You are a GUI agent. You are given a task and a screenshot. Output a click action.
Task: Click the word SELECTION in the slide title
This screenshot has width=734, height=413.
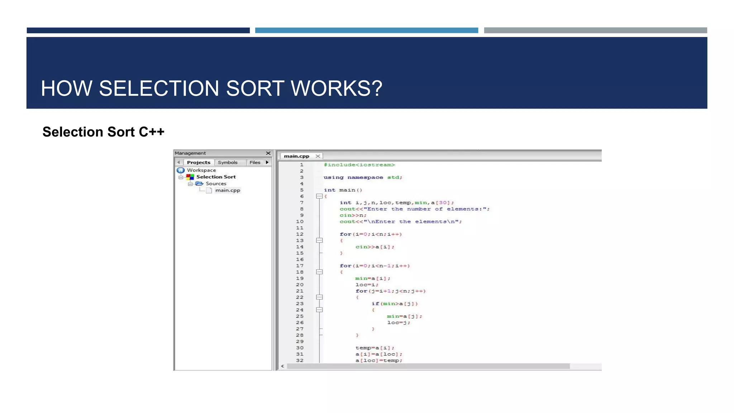pos(158,88)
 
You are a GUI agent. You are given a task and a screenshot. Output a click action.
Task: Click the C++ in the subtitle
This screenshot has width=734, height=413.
pos(152,132)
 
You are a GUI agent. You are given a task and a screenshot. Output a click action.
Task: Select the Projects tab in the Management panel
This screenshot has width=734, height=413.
pos(199,162)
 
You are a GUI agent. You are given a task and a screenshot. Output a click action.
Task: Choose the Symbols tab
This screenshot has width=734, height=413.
pos(228,162)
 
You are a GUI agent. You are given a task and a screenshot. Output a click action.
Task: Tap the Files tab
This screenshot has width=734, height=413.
pos(255,162)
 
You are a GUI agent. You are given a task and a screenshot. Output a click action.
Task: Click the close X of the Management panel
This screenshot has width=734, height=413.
pos(268,153)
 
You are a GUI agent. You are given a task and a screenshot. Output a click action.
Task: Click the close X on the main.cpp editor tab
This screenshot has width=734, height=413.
pos(318,156)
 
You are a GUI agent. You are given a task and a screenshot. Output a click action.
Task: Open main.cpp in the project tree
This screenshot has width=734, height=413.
pos(228,190)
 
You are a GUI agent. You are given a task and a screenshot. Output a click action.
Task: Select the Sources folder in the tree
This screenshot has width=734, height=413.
pos(216,184)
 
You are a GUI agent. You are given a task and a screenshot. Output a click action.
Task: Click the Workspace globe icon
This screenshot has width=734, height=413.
pos(181,170)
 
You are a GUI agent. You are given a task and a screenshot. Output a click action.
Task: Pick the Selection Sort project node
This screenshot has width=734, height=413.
pos(216,177)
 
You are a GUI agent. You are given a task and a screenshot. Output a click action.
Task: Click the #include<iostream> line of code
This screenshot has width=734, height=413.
pos(359,165)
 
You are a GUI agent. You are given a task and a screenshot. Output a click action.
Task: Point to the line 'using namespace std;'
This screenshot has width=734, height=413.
pos(363,177)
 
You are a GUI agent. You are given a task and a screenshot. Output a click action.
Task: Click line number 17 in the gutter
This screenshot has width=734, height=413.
pos(300,266)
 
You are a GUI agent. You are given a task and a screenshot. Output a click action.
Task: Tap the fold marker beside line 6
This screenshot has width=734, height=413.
pos(319,196)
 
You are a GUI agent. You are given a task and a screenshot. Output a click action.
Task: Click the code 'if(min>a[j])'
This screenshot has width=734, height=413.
pos(395,304)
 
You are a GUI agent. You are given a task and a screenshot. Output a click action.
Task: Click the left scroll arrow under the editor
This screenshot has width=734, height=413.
pos(283,366)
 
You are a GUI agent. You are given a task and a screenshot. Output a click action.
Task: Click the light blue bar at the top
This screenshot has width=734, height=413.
pos(366,30)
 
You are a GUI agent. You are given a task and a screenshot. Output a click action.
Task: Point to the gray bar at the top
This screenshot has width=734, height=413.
pos(595,30)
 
